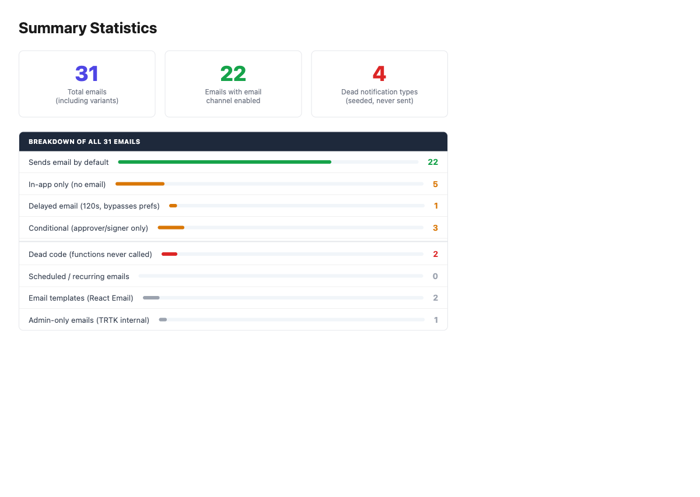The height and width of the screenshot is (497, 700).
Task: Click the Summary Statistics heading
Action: point(88,28)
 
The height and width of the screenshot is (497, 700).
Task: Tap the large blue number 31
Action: point(87,73)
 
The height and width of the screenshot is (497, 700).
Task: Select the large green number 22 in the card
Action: point(233,73)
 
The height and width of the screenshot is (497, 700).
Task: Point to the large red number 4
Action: point(379,73)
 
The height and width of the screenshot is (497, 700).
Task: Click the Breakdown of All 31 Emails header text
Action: point(85,142)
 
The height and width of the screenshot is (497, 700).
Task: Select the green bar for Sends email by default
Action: point(225,162)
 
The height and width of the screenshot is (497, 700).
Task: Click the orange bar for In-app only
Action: point(140,184)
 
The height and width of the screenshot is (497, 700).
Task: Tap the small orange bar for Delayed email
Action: point(173,206)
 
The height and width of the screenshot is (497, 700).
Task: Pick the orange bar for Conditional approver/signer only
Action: point(171,228)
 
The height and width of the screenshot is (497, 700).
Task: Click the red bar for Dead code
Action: point(169,254)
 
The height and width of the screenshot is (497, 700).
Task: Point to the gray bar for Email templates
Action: point(151,298)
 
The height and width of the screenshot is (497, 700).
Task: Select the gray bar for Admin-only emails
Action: point(163,320)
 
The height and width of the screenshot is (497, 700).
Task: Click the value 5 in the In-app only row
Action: point(435,184)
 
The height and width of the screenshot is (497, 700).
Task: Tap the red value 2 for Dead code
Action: point(435,254)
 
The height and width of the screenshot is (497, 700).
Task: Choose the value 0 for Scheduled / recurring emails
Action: point(435,276)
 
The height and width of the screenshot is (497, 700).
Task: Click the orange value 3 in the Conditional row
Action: point(435,228)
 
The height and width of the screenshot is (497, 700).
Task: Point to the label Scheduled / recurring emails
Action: point(79,277)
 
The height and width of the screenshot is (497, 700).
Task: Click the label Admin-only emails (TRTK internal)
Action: point(89,320)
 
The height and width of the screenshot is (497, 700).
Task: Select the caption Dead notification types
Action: point(379,92)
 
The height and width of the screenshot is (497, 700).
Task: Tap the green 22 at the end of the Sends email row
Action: point(433,162)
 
